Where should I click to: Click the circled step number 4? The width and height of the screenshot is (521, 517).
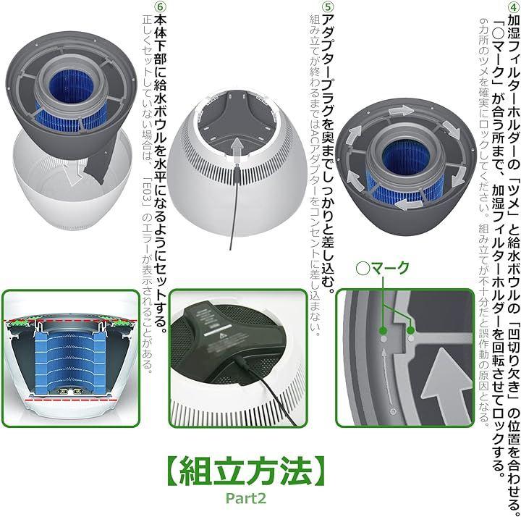514,7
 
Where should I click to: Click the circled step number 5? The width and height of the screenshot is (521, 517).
328,7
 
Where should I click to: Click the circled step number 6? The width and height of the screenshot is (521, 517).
161,7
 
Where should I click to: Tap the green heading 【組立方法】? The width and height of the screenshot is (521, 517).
246,470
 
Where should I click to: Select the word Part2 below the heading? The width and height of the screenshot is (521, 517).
246,498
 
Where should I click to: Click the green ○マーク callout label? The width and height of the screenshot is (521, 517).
382,268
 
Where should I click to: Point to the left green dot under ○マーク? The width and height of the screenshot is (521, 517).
383,330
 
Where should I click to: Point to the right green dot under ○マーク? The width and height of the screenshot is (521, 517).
411,330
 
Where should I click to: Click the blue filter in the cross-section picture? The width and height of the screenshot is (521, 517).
70,362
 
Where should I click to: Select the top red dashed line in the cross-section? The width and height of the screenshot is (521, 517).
70,321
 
